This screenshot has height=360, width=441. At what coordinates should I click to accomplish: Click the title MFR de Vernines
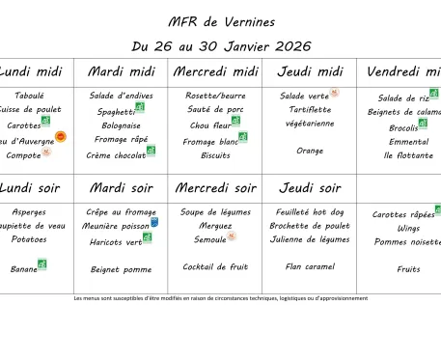[x=220, y=21]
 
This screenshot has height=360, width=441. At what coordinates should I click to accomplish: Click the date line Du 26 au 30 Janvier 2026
[x=220, y=45]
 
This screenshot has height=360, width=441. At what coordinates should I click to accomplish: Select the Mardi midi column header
[x=122, y=71]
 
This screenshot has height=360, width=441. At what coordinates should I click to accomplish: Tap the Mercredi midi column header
[x=216, y=71]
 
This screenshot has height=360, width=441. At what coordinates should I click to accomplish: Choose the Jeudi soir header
[x=310, y=187]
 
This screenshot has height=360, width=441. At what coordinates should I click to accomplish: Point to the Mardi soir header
[x=122, y=187]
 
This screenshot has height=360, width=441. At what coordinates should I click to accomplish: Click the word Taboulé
[x=29, y=96]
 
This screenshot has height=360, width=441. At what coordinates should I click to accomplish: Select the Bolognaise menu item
[x=122, y=125]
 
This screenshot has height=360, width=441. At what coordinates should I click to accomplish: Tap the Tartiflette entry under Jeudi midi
[x=310, y=110]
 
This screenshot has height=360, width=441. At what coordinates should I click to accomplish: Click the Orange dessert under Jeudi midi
[x=310, y=151]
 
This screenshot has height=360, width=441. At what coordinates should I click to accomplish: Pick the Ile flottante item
[x=408, y=155]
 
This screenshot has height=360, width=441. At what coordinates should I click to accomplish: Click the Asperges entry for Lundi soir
[x=29, y=212]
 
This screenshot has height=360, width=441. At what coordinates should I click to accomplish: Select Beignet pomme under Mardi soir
[x=122, y=269]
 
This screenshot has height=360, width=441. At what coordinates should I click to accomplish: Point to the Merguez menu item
[x=215, y=226]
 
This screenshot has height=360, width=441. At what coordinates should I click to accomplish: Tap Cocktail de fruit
[x=215, y=266]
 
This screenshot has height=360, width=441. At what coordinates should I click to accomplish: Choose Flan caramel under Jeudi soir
[x=310, y=266]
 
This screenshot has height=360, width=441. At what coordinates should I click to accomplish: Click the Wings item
[x=408, y=229]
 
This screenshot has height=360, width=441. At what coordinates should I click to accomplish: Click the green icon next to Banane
[x=42, y=264]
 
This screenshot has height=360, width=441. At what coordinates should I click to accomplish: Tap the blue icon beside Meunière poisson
[x=154, y=223]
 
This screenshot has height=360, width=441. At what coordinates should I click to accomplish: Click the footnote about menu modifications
[x=220, y=298]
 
